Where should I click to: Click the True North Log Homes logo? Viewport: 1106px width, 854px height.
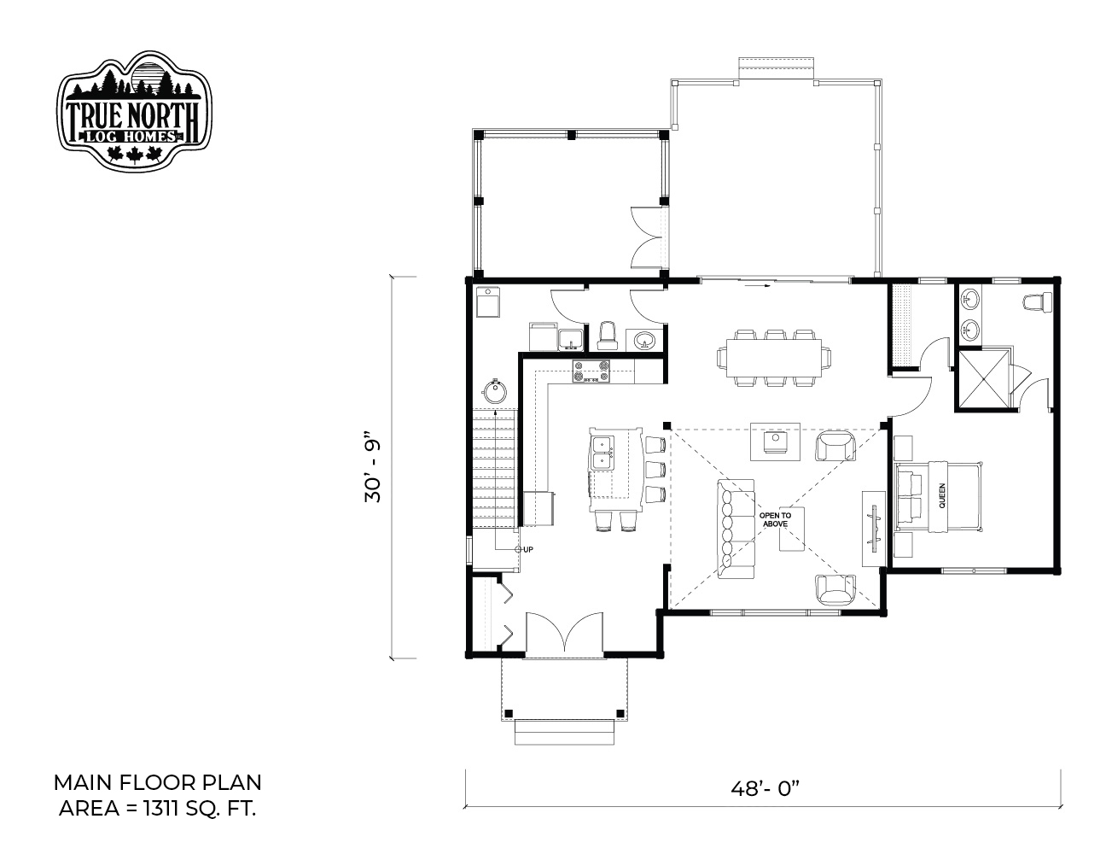[134, 110]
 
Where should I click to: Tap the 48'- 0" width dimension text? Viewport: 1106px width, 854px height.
[765, 789]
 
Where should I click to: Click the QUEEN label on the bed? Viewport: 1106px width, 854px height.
[941, 495]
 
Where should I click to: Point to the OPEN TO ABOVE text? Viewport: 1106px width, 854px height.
[775, 519]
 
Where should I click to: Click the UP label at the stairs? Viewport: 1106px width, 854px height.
[528, 549]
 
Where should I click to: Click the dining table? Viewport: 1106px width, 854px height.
[774, 358]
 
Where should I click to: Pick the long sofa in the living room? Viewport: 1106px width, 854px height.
[736, 529]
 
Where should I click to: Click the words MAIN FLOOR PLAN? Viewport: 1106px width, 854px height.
[157, 783]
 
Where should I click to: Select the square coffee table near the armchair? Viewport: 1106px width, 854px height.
[775, 442]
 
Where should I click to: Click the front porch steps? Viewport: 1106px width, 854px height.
[564, 732]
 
